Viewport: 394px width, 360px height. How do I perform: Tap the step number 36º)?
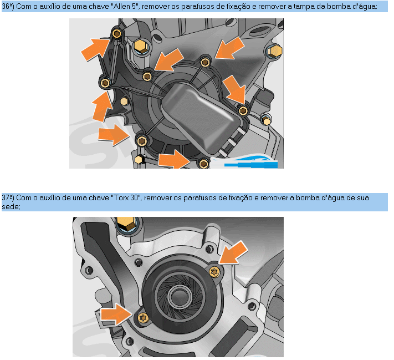tap(8, 6)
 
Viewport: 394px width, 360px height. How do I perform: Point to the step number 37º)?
tap(8, 197)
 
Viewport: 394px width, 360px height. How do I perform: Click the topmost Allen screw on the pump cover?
tap(116, 33)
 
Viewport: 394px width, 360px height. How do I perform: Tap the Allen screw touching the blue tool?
tap(203, 164)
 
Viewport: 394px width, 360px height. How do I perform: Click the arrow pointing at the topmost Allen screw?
tap(95, 49)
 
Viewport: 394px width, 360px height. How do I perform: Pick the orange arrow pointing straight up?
tap(102, 107)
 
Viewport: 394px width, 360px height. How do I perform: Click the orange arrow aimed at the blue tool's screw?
tap(175, 160)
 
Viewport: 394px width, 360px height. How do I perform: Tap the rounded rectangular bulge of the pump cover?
tap(201, 118)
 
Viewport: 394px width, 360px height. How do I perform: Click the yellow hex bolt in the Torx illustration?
tap(127, 224)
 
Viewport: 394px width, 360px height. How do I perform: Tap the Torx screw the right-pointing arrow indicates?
tap(144, 318)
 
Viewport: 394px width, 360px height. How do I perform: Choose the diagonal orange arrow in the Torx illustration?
tap(233, 253)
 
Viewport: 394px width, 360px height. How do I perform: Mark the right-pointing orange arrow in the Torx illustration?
tap(116, 314)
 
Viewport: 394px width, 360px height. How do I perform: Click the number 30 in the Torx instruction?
tap(134, 197)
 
